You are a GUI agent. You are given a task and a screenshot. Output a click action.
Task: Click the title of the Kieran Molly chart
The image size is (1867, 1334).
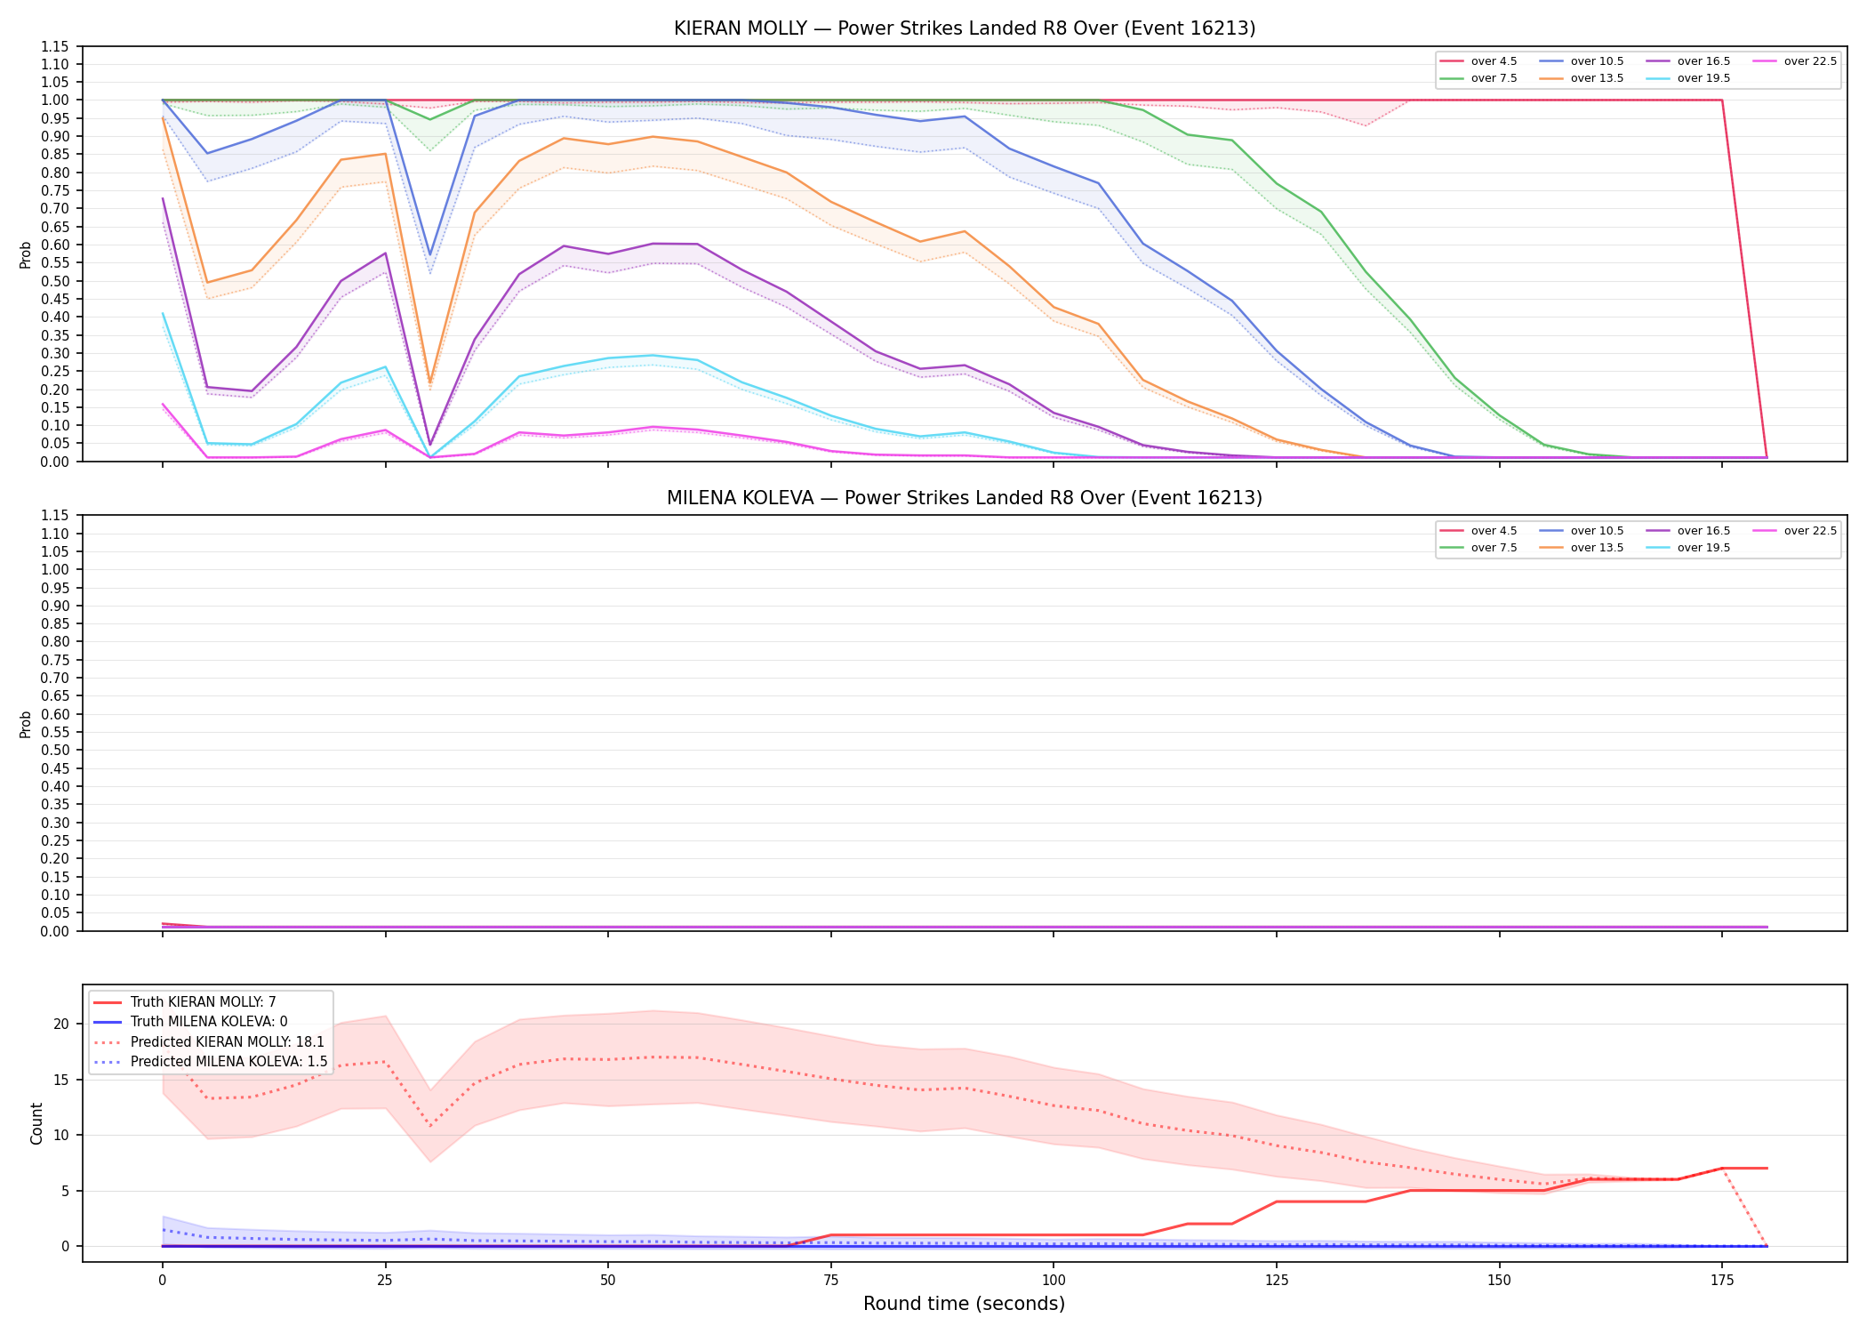point(965,28)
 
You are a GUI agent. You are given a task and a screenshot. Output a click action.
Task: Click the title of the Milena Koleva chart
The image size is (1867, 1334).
point(965,498)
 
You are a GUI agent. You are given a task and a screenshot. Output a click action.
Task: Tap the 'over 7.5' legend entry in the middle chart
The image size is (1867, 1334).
point(1479,548)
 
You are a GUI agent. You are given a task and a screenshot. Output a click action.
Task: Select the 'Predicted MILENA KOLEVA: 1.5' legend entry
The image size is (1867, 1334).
point(211,1062)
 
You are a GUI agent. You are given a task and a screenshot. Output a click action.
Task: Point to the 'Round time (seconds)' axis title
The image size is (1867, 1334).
point(964,1304)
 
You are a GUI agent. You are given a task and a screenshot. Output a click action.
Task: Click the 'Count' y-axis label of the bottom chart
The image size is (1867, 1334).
point(36,1123)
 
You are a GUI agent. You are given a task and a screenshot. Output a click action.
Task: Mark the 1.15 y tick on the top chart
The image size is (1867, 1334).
point(55,46)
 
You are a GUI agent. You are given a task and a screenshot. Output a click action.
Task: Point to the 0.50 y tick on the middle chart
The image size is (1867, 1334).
point(55,751)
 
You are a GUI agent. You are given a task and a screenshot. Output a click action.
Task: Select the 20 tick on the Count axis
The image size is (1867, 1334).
point(61,1024)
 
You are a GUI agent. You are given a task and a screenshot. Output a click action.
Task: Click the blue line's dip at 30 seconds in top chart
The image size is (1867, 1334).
point(430,255)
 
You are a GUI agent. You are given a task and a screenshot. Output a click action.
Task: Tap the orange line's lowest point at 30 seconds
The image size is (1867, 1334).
point(430,382)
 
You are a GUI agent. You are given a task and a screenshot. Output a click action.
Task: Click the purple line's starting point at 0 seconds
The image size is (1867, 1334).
point(163,198)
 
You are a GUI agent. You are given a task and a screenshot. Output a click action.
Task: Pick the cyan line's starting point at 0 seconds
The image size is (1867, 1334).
point(163,313)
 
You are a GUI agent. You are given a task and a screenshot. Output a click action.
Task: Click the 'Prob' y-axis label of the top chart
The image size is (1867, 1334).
point(26,255)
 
